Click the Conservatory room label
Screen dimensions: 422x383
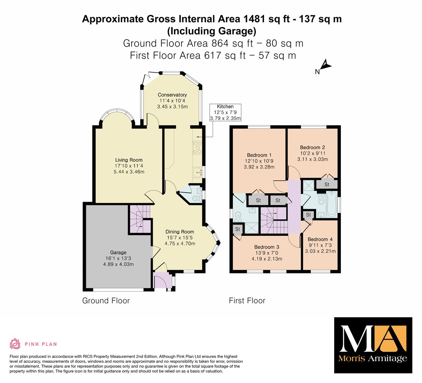(x=172, y=95)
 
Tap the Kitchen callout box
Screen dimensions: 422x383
(x=225, y=112)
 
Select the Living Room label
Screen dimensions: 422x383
(x=129, y=160)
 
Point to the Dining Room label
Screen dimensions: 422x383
(x=180, y=232)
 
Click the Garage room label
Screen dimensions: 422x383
(x=118, y=252)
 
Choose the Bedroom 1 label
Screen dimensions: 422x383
(x=259, y=155)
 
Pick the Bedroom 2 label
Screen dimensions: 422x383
(x=313, y=147)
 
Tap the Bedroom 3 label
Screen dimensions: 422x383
(x=267, y=247)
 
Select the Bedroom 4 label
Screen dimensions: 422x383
(x=320, y=239)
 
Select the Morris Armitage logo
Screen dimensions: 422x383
(x=373, y=345)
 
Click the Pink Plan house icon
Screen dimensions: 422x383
(x=15, y=344)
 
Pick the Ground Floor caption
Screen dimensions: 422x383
(x=106, y=301)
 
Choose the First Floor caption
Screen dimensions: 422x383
(x=247, y=301)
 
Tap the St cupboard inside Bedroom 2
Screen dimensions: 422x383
(x=327, y=184)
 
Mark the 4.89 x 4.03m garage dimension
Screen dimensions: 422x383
(x=118, y=264)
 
